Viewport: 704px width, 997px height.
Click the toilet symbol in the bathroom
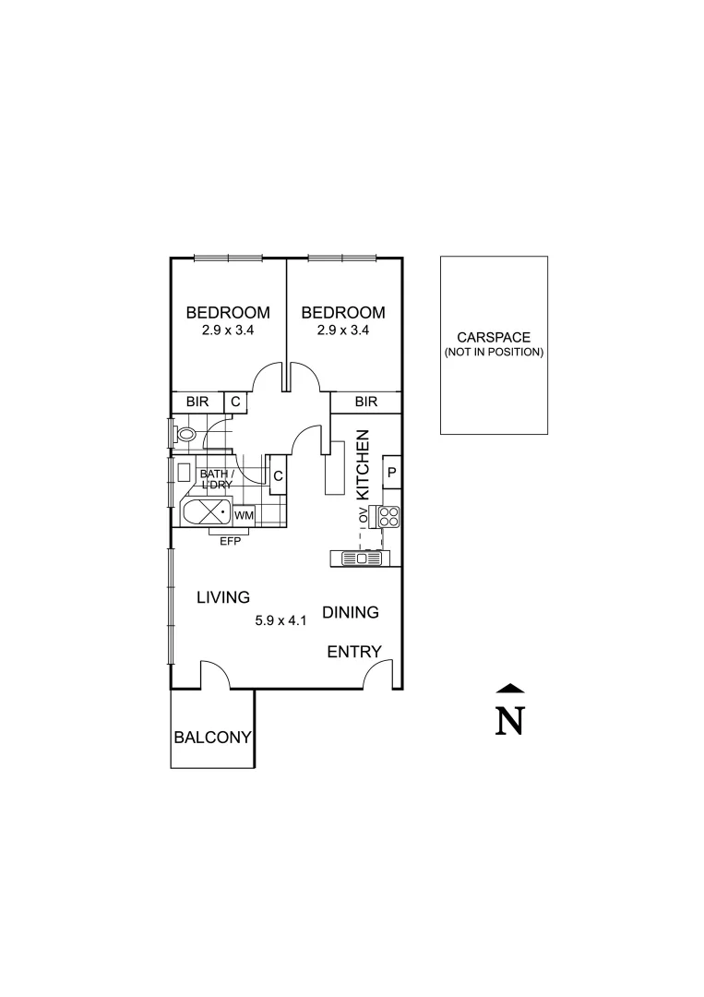[185, 433]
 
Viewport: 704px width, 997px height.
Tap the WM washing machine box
[244, 515]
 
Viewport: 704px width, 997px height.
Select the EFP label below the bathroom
[230, 542]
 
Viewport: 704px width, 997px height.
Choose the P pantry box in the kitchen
[391, 474]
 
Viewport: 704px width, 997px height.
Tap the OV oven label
[363, 517]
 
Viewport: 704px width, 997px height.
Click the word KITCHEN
[363, 465]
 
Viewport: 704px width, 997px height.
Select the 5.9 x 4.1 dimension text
[280, 621]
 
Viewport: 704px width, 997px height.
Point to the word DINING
[351, 612]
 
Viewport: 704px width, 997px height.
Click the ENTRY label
[354, 652]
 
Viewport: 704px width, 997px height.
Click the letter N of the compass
[509, 721]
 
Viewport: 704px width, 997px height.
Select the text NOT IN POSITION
[494, 353]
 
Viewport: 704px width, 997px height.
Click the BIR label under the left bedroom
[197, 402]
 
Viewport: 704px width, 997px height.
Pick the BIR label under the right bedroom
[366, 402]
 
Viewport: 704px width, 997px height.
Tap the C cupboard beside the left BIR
[235, 402]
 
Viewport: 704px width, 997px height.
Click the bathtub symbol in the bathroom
[208, 513]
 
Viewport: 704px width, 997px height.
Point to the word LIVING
[223, 597]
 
